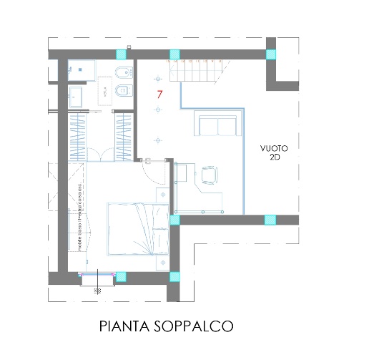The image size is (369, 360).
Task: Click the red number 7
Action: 160,94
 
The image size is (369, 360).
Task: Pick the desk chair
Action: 210,175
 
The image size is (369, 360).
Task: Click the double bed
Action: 136,228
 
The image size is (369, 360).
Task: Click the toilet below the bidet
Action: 122,90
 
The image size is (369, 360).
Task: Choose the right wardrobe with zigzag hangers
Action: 124,135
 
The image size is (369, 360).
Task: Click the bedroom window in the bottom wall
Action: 97,274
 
